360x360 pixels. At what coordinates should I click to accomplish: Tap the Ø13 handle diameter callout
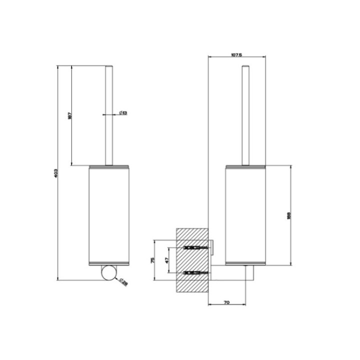point(123,113)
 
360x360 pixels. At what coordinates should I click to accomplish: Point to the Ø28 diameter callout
point(123,282)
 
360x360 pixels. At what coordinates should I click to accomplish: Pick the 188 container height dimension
point(289,214)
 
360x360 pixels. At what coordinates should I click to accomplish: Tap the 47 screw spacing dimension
point(167,260)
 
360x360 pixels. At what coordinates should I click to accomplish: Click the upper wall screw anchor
point(196,248)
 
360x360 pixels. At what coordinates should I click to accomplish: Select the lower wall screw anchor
point(196,272)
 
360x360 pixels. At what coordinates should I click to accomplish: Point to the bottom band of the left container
point(109,263)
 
